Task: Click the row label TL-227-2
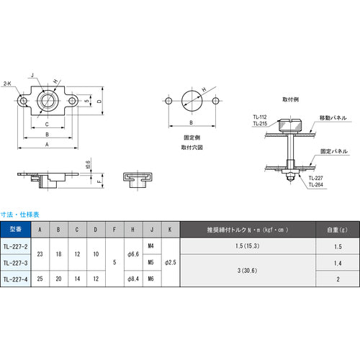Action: [16, 248]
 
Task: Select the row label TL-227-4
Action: [16, 279]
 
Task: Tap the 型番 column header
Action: [16, 230]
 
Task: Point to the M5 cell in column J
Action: [150, 263]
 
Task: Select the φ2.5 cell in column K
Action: [168, 263]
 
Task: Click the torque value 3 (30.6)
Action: [247, 271]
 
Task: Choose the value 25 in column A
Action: [40, 279]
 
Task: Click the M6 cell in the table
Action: [150, 279]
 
